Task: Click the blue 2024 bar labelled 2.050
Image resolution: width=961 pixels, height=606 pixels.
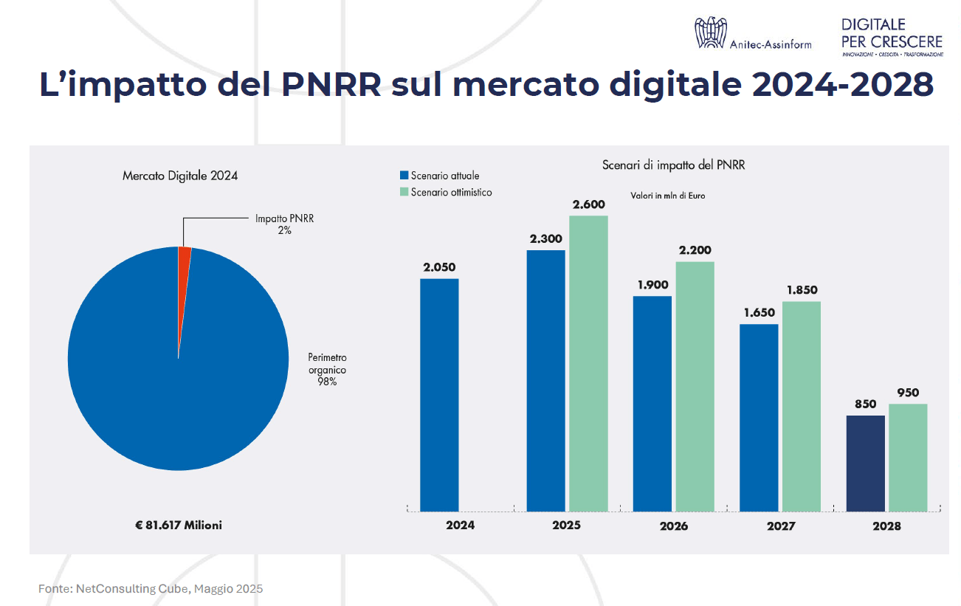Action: [439, 394]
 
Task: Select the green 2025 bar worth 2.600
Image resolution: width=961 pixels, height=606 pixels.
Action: [588, 362]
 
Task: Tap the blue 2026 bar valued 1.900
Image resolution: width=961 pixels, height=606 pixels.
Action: [652, 403]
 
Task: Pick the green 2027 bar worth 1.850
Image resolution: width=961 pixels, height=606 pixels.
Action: [801, 405]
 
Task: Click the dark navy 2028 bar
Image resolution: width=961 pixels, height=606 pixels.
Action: [865, 463]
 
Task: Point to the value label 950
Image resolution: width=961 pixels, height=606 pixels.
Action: [908, 393]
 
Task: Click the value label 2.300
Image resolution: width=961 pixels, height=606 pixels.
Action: [545, 238]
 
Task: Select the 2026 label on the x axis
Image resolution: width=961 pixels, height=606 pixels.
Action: [674, 526]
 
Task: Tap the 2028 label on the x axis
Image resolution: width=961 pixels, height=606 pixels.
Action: [886, 526]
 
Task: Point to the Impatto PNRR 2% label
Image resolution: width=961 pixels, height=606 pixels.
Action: [284, 224]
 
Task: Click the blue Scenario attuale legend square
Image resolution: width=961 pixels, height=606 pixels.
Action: [404, 176]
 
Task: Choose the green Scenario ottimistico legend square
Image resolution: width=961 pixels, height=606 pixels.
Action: [404, 192]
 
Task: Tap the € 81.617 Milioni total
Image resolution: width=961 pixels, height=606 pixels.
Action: [178, 525]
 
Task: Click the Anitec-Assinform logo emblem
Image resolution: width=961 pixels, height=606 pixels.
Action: [710, 34]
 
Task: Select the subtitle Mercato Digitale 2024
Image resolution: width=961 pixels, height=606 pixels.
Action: [180, 176]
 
